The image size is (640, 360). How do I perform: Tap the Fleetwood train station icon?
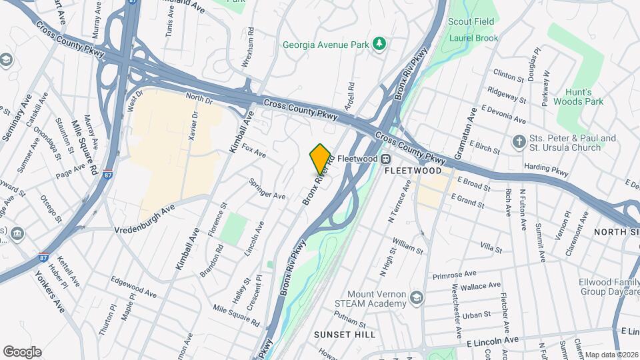tap(385, 159)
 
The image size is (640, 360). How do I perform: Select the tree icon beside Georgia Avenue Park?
tap(379, 44)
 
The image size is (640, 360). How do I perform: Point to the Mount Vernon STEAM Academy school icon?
tap(417, 297)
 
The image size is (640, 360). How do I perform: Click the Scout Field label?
tap(471, 21)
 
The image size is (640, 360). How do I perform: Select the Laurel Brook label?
tap(473, 38)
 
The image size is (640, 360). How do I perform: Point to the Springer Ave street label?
tap(267, 189)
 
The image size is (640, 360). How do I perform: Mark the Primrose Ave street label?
tap(454, 274)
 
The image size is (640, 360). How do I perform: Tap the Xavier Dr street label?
tap(194, 125)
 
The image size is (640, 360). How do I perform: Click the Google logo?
tap(22, 351)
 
